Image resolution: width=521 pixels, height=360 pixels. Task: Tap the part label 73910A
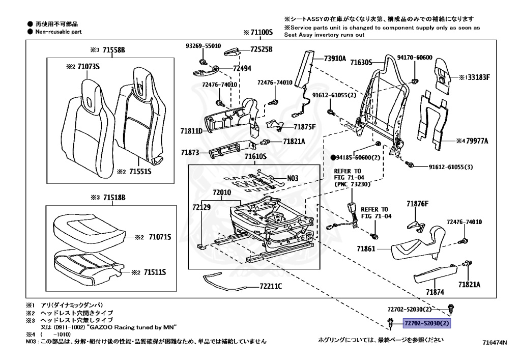click(x=335, y=58)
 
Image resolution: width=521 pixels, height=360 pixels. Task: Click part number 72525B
click(x=261, y=49)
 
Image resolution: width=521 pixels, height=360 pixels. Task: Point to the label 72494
click(x=242, y=68)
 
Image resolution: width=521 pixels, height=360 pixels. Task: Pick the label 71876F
click(x=417, y=204)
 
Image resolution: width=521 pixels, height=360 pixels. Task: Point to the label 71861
click(x=366, y=249)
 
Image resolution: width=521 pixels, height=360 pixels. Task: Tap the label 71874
click(x=435, y=292)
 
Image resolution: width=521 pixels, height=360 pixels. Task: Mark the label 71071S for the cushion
click(x=160, y=237)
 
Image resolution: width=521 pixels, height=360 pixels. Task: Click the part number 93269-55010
click(x=202, y=46)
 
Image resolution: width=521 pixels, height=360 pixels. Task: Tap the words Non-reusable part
click(x=58, y=32)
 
